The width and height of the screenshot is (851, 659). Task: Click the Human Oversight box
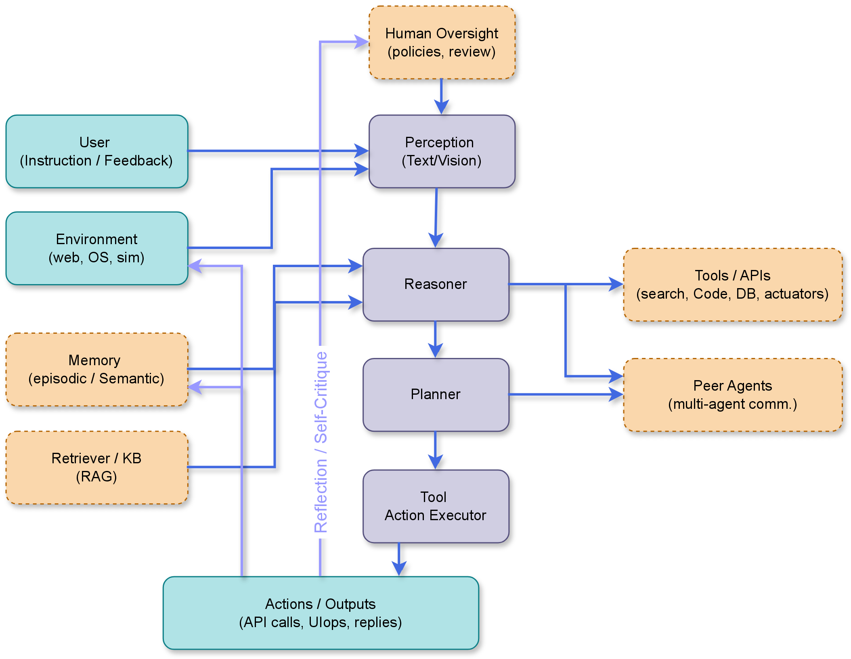tap(442, 42)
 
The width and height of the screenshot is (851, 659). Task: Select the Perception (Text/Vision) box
tap(442, 151)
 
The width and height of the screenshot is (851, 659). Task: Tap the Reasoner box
tap(436, 285)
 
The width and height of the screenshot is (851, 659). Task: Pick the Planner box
tap(436, 395)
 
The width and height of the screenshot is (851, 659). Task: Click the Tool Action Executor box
tap(436, 506)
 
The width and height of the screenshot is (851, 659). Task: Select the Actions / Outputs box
tap(321, 613)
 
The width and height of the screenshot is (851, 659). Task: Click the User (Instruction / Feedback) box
tap(96, 151)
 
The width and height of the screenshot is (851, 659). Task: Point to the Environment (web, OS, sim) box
tap(96, 248)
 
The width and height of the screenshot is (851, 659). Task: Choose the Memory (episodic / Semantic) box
tap(96, 369)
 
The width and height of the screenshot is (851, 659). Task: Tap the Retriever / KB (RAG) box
tap(96, 467)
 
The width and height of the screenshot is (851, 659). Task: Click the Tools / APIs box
tap(732, 285)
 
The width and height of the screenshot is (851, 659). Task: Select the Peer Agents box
tap(732, 395)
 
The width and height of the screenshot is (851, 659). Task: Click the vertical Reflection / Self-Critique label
tap(321, 442)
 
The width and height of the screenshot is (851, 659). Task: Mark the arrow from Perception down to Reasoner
tap(436, 218)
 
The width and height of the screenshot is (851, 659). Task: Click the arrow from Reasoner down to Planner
tap(435, 339)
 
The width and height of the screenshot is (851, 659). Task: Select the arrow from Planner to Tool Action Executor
tap(435, 450)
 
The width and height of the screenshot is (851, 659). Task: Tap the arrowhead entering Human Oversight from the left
tap(361, 41)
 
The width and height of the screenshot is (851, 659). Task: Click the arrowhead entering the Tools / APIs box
tap(616, 284)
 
